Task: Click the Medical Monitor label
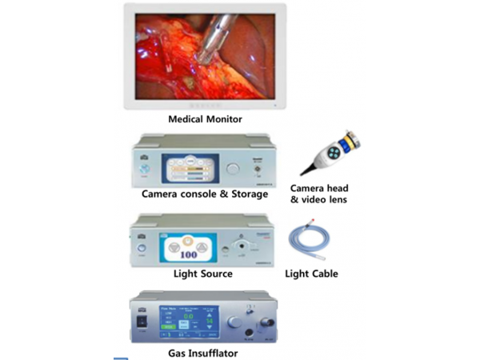[x=205, y=119]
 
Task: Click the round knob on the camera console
[x=233, y=168]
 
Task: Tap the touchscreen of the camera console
[x=190, y=168]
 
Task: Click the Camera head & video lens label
[x=319, y=193]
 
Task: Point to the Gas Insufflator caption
[x=202, y=352]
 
